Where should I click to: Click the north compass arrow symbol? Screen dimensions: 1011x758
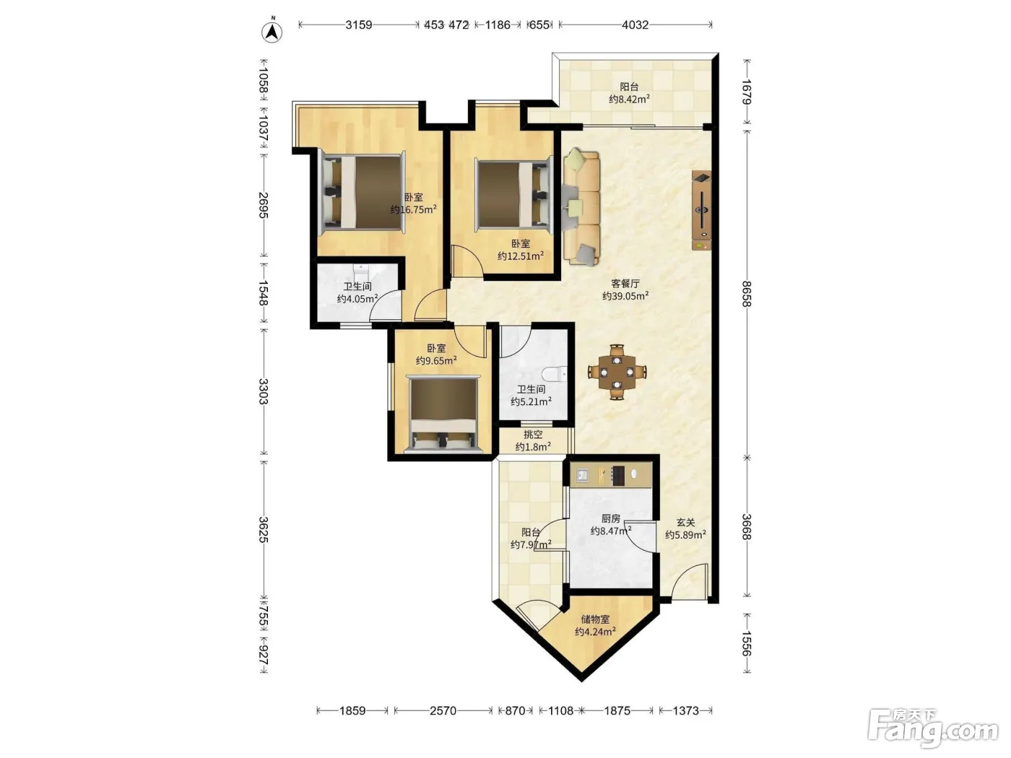(272, 31)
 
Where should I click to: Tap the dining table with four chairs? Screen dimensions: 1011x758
(617, 371)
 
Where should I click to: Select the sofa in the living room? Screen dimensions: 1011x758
(581, 207)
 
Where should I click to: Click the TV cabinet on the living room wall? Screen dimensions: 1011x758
(701, 210)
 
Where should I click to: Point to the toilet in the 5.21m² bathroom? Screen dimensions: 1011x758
(554, 374)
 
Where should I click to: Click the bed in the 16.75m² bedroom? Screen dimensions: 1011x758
(363, 191)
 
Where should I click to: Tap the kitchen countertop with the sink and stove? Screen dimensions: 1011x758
(611, 475)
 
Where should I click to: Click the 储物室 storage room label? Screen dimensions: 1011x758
(595, 619)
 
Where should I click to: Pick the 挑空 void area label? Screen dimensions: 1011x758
(533, 434)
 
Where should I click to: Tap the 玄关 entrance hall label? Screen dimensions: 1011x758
(685, 523)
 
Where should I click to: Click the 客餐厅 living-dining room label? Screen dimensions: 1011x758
(625, 284)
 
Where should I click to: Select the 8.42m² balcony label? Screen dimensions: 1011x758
(629, 92)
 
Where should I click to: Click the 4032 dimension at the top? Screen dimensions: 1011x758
(635, 25)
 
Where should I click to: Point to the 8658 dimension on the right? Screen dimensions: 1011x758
(747, 294)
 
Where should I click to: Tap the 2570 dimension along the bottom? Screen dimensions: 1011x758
(443, 711)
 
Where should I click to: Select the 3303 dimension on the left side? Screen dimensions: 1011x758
(263, 391)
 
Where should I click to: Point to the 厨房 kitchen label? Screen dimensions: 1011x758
(611, 518)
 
